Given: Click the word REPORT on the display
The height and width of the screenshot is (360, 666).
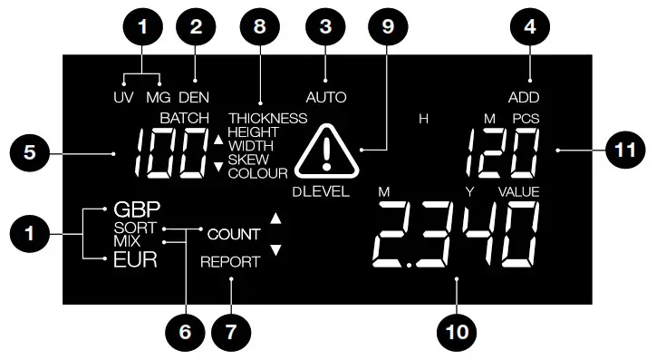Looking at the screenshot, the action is pos(230,262).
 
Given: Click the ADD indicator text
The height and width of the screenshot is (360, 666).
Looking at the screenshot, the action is pos(524,96).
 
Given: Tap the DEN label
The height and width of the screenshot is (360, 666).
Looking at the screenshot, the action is pos(193,96).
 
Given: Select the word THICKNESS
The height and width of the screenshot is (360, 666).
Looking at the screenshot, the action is pos(267,118).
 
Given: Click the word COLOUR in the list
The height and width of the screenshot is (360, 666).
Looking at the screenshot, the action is pos(258,172).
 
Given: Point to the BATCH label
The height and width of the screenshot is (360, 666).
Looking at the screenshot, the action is pos(184,118).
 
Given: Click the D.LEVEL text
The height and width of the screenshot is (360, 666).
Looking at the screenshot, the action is pos(321,192).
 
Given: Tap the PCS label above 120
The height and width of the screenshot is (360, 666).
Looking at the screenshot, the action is pos(526,118).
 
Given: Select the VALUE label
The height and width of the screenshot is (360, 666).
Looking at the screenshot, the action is pos(518,192).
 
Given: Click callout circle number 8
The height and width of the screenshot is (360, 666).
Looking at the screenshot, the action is pos(260,28).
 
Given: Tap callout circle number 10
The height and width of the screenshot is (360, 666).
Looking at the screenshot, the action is pos(457,332).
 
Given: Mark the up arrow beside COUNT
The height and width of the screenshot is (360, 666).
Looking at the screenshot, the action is pos(276,219).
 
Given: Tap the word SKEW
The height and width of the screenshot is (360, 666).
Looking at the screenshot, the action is pos(247,159).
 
